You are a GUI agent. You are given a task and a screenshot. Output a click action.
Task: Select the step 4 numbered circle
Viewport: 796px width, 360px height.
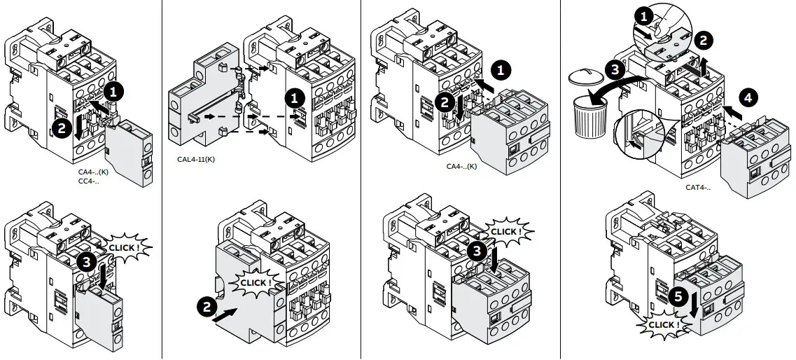(747, 98)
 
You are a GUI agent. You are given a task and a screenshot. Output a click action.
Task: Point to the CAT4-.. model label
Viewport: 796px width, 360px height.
(698, 187)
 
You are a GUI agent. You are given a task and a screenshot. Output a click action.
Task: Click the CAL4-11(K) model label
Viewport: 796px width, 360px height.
(196, 159)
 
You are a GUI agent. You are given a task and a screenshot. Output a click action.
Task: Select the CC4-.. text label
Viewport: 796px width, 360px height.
(89, 181)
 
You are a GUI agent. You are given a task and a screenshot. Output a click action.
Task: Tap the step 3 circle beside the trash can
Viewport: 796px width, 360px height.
(613, 70)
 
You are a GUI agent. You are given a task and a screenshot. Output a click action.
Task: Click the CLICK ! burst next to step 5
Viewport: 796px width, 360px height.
(662, 325)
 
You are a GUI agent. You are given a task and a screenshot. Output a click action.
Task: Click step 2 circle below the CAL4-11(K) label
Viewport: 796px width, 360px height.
(207, 305)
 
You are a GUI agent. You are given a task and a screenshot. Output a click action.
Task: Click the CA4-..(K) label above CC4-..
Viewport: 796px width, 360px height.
(93, 172)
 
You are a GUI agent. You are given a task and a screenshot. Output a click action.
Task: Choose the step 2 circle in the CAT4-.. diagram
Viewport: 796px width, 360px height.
(703, 39)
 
